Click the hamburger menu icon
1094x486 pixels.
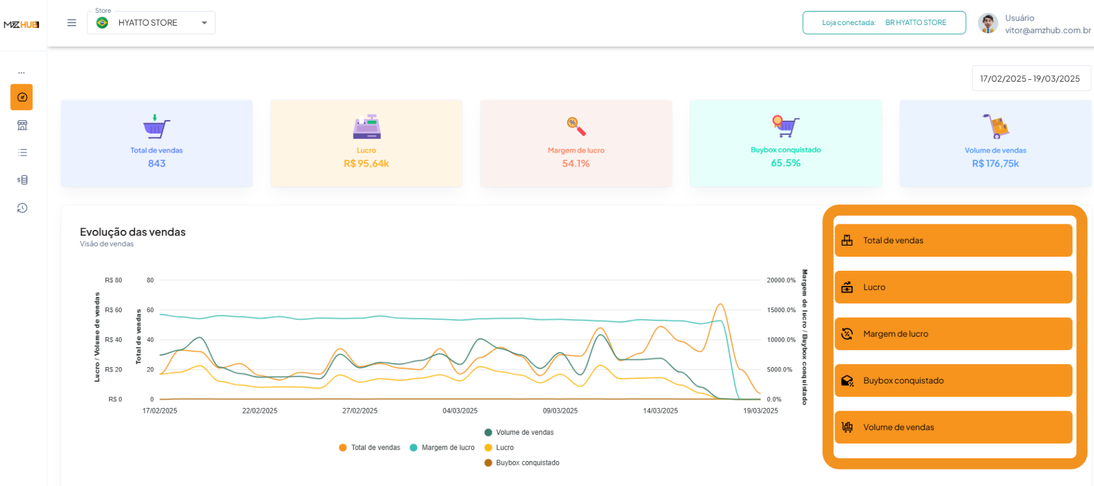click(x=71, y=23)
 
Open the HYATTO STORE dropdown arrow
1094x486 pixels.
click(x=204, y=23)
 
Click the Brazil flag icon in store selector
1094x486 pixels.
click(x=103, y=23)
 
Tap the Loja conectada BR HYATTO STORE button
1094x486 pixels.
click(x=883, y=23)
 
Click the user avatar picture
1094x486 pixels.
click(x=987, y=24)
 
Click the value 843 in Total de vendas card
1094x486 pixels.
click(x=157, y=163)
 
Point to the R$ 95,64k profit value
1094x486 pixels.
click(x=366, y=163)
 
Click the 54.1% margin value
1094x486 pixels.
click(x=576, y=163)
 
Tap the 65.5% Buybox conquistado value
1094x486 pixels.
click(x=785, y=163)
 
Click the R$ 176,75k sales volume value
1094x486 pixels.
click(x=995, y=163)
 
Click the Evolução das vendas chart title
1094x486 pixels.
click(x=132, y=232)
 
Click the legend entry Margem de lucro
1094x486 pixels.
click(x=447, y=448)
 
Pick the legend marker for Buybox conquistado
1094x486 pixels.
click(x=488, y=463)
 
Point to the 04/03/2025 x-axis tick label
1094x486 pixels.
click(x=460, y=411)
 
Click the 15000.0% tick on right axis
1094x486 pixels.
click(x=781, y=310)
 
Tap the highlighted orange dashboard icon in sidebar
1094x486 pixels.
click(x=22, y=97)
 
